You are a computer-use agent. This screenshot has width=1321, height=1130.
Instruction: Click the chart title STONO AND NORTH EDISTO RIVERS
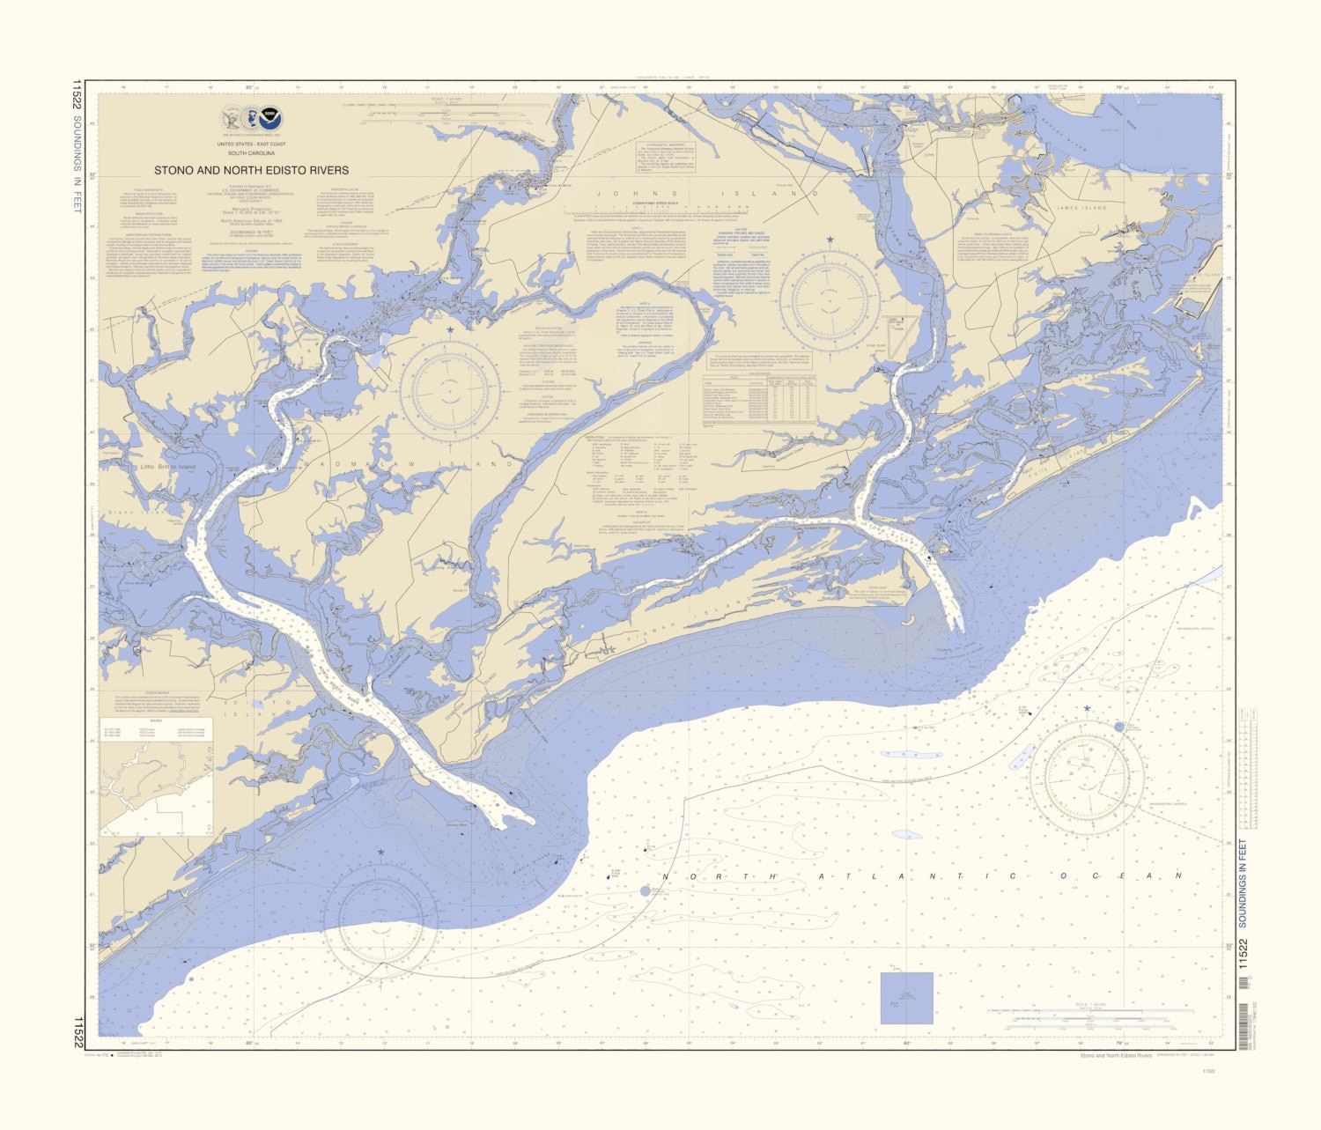pyautogui.click(x=252, y=171)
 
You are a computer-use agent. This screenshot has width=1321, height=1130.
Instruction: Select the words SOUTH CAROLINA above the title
pyautogui.click(x=252, y=152)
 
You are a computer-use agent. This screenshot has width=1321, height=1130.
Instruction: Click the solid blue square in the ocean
pyautogui.click(x=906, y=998)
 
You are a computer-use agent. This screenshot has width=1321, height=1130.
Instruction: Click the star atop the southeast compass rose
pyautogui.click(x=1087, y=708)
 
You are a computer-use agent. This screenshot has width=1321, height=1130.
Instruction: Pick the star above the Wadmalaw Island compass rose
pyautogui.click(x=451, y=330)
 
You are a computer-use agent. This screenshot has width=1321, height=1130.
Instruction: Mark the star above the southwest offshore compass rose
pyautogui.click(x=380, y=852)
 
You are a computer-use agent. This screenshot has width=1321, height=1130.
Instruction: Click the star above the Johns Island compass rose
pyautogui.click(x=829, y=239)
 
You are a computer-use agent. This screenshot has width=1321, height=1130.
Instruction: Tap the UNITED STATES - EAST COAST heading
pyautogui.click(x=252, y=144)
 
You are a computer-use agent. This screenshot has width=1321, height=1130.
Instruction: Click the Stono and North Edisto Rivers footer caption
pyautogui.click(x=1115, y=1055)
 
